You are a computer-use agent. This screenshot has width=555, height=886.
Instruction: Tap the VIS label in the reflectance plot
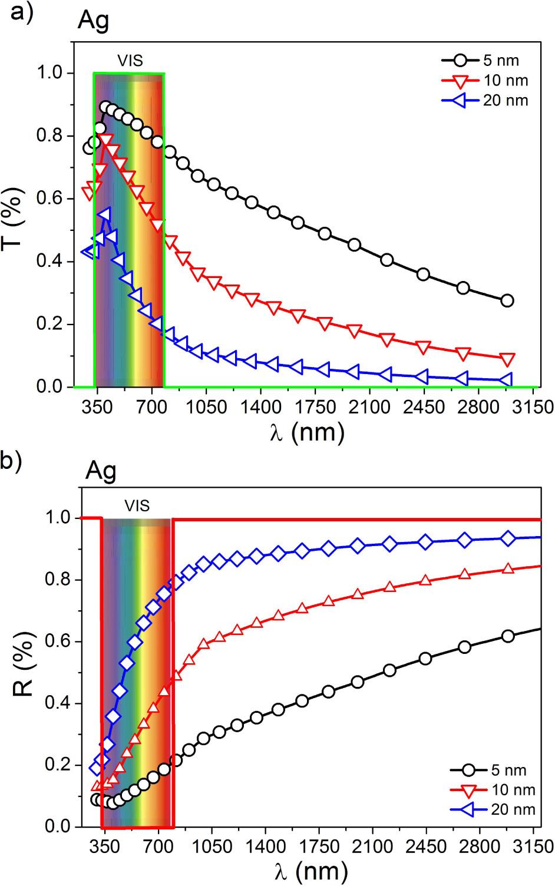click(137, 505)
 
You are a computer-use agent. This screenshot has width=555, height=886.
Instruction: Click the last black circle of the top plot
click(507, 301)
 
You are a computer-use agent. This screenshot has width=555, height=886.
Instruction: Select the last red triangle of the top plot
click(507, 359)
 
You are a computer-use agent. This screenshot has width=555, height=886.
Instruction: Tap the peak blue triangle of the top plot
click(104, 214)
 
